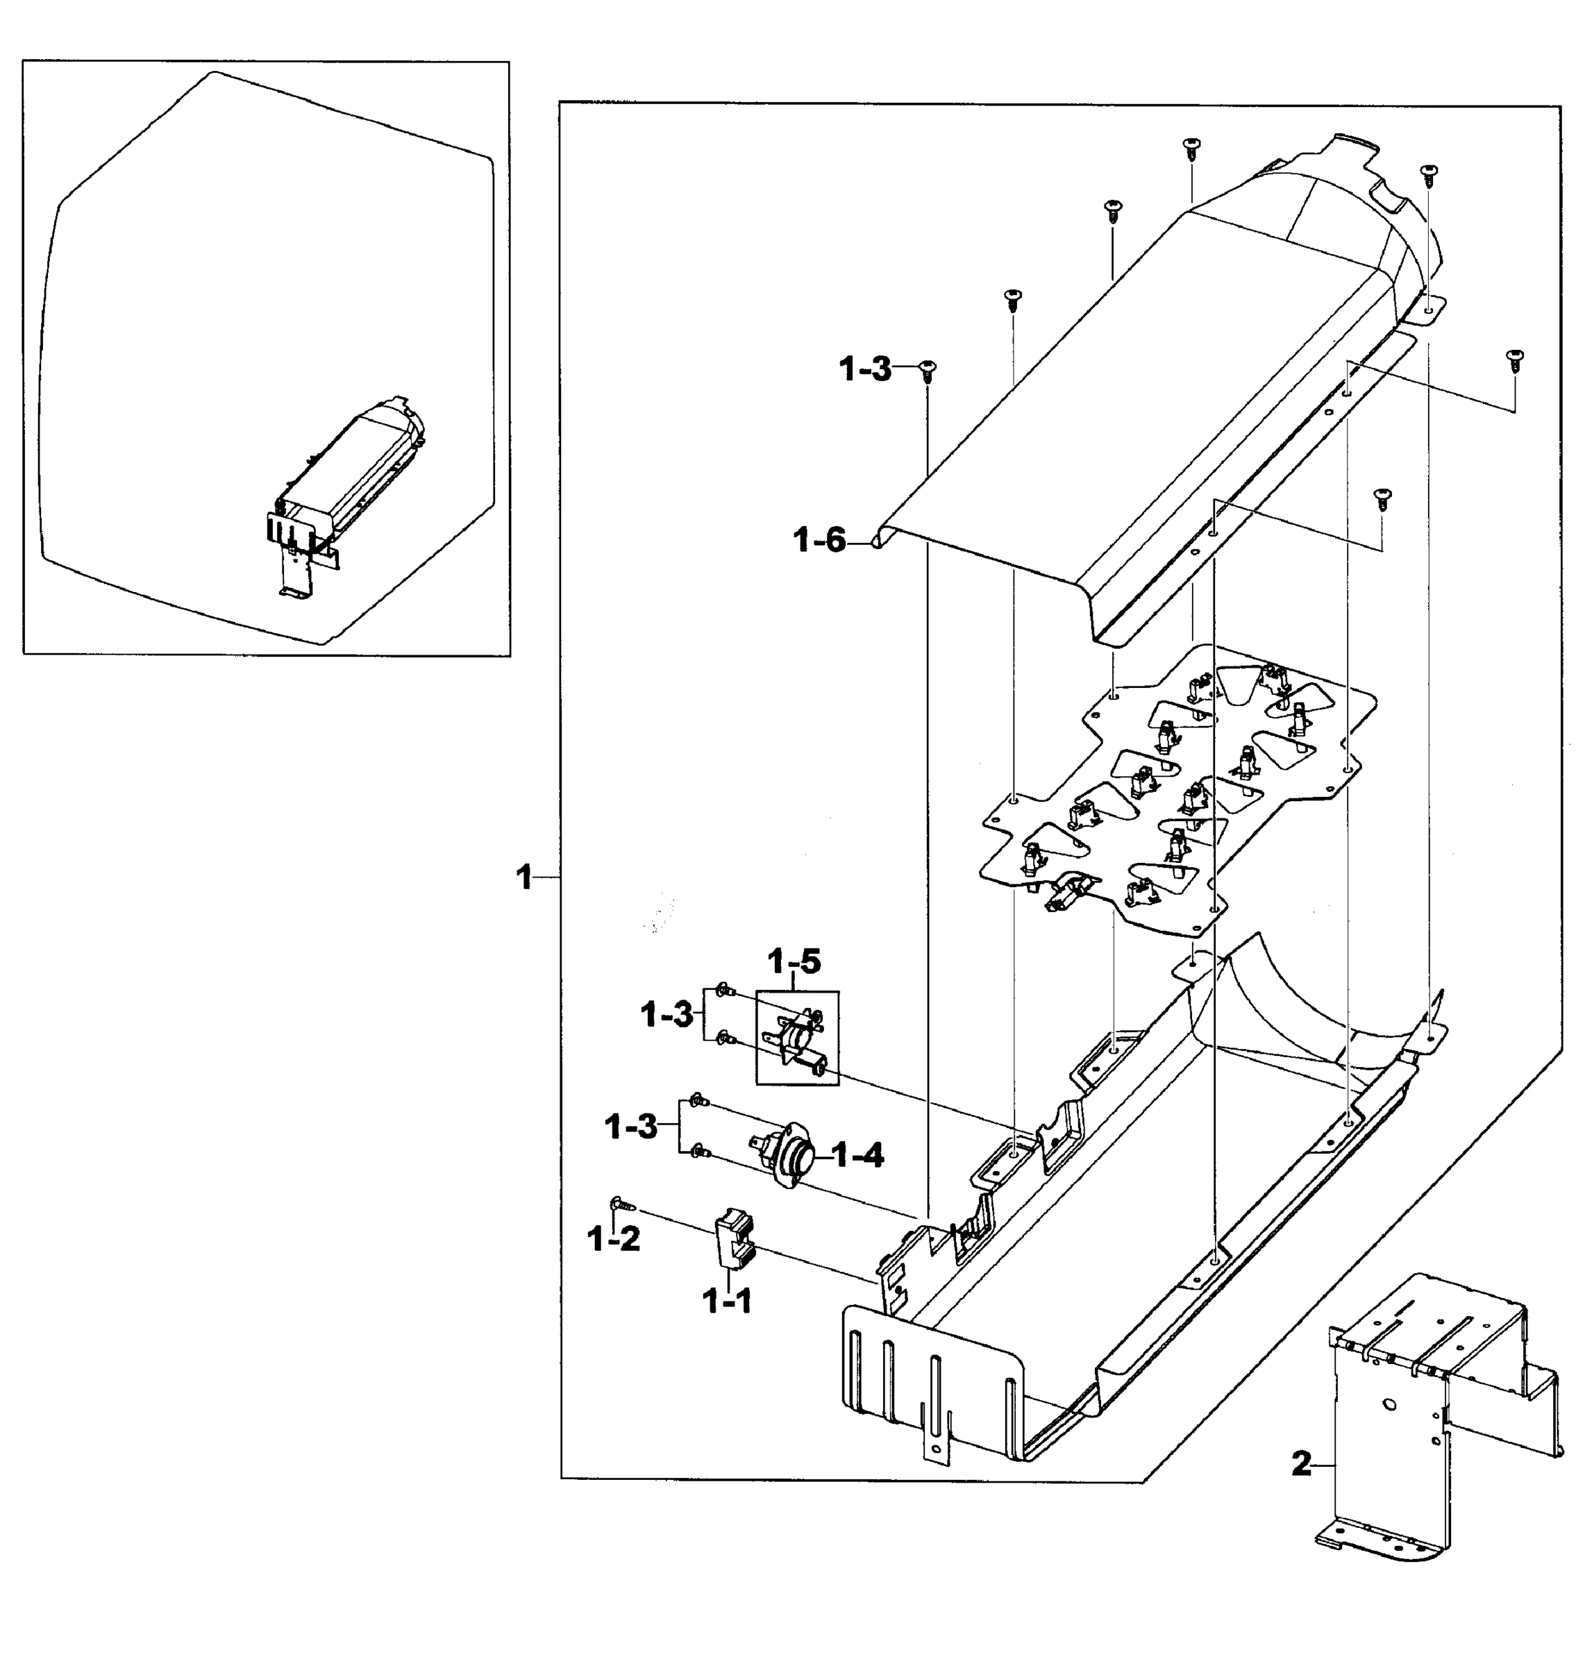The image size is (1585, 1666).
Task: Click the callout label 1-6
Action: pos(819,541)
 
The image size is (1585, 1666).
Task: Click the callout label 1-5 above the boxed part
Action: pos(794,961)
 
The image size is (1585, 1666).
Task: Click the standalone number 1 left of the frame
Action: pos(525,878)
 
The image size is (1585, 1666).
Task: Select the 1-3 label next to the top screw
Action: pos(865,369)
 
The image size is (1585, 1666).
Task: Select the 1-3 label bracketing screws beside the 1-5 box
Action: pos(666,1015)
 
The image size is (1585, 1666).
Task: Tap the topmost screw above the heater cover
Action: pos(1191,147)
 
